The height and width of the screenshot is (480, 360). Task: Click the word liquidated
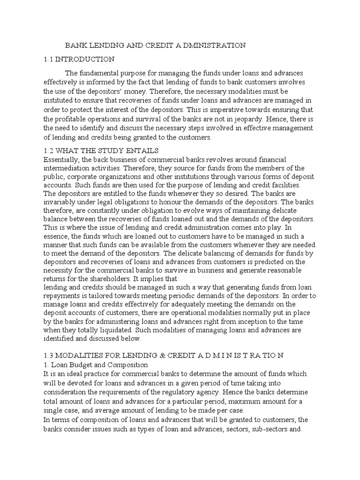point(113,330)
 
